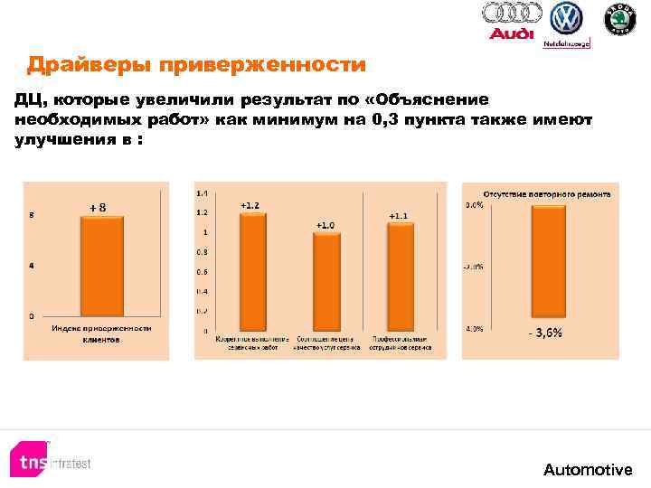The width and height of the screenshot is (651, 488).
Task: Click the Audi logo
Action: pyautogui.click(x=512, y=21)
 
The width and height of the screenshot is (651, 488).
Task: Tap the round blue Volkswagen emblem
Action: pyautogui.click(x=567, y=19)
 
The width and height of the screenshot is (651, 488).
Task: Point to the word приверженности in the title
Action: pyautogui.click(x=261, y=65)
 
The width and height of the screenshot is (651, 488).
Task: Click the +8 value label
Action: pyautogui.click(x=98, y=207)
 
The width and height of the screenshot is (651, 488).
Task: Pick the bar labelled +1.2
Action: pyautogui.click(x=250, y=277)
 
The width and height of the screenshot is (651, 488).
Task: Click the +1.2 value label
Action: pyautogui.click(x=250, y=205)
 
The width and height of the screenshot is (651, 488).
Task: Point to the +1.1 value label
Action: pyautogui.click(x=399, y=215)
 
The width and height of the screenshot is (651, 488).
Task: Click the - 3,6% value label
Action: pyautogui.click(x=545, y=333)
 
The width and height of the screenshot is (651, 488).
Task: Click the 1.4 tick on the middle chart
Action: pyautogui.click(x=201, y=193)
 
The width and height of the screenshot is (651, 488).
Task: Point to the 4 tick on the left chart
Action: pyautogui.click(x=33, y=265)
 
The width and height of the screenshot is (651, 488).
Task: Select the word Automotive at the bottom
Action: pyautogui.click(x=588, y=469)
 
